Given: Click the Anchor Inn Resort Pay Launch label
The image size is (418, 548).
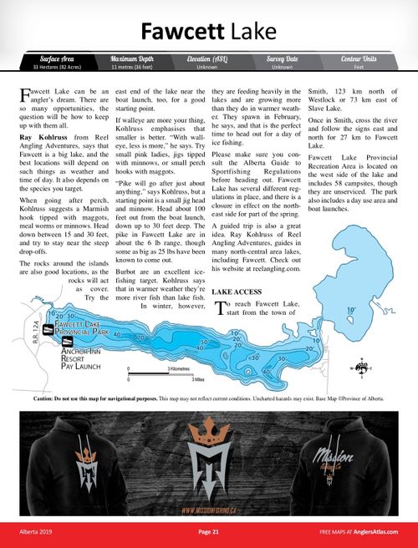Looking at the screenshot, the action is click(78, 360).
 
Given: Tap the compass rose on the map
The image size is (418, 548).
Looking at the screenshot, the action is click(362, 366).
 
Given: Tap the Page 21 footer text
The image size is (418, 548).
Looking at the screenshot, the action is click(208, 531).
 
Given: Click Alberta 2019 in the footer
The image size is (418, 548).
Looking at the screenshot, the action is click(38, 531).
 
